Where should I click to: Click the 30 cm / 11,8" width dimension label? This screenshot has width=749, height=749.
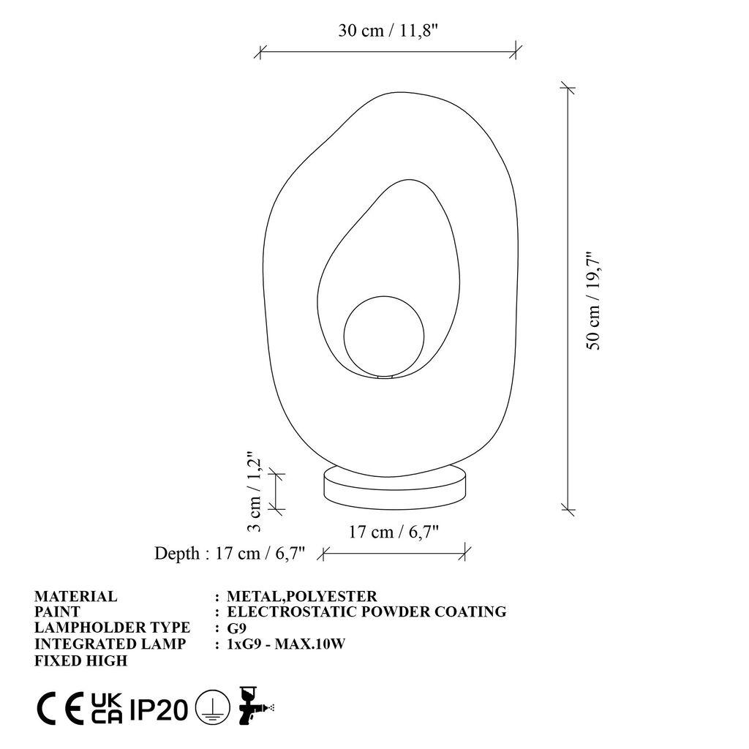coord(388,31)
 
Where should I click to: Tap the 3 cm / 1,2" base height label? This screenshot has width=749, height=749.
coord(254,491)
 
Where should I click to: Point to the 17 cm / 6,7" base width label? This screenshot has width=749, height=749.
coord(394,532)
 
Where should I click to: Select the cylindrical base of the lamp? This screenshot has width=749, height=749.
coord(394,486)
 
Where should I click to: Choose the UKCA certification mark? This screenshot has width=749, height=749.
coord(107,708)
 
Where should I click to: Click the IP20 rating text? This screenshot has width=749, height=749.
coord(159,709)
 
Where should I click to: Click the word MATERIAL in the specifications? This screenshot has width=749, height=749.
coord(75,596)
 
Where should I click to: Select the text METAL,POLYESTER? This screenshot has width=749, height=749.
coord(302,596)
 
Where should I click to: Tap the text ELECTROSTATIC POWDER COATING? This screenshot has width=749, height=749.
coord(366,611)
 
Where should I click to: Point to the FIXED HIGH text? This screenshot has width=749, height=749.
coord(80,660)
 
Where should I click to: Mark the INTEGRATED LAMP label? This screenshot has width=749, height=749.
coord(110,644)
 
